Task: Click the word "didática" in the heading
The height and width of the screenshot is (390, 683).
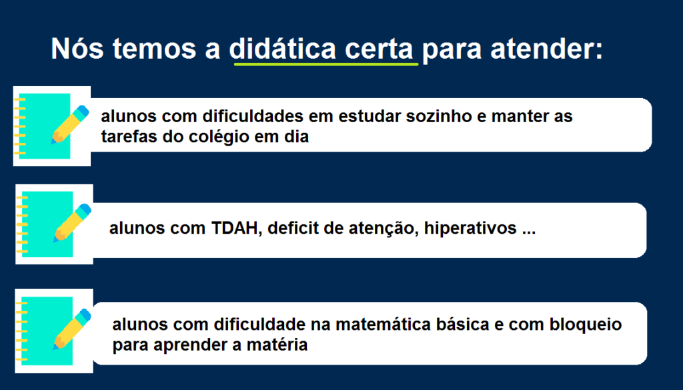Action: point(282,48)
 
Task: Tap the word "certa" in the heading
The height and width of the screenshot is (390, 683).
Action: point(379,49)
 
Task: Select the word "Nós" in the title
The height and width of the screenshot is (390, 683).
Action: point(77,48)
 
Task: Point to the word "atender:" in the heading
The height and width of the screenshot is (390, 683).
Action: point(547,49)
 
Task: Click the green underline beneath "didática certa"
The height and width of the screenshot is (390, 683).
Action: point(325,64)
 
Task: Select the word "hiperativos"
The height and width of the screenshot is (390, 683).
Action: point(470,228)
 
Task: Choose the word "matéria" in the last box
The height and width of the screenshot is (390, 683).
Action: point(277,345)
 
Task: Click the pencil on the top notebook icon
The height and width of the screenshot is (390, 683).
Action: point(69,125)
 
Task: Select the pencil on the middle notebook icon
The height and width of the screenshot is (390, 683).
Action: point(72,223)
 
